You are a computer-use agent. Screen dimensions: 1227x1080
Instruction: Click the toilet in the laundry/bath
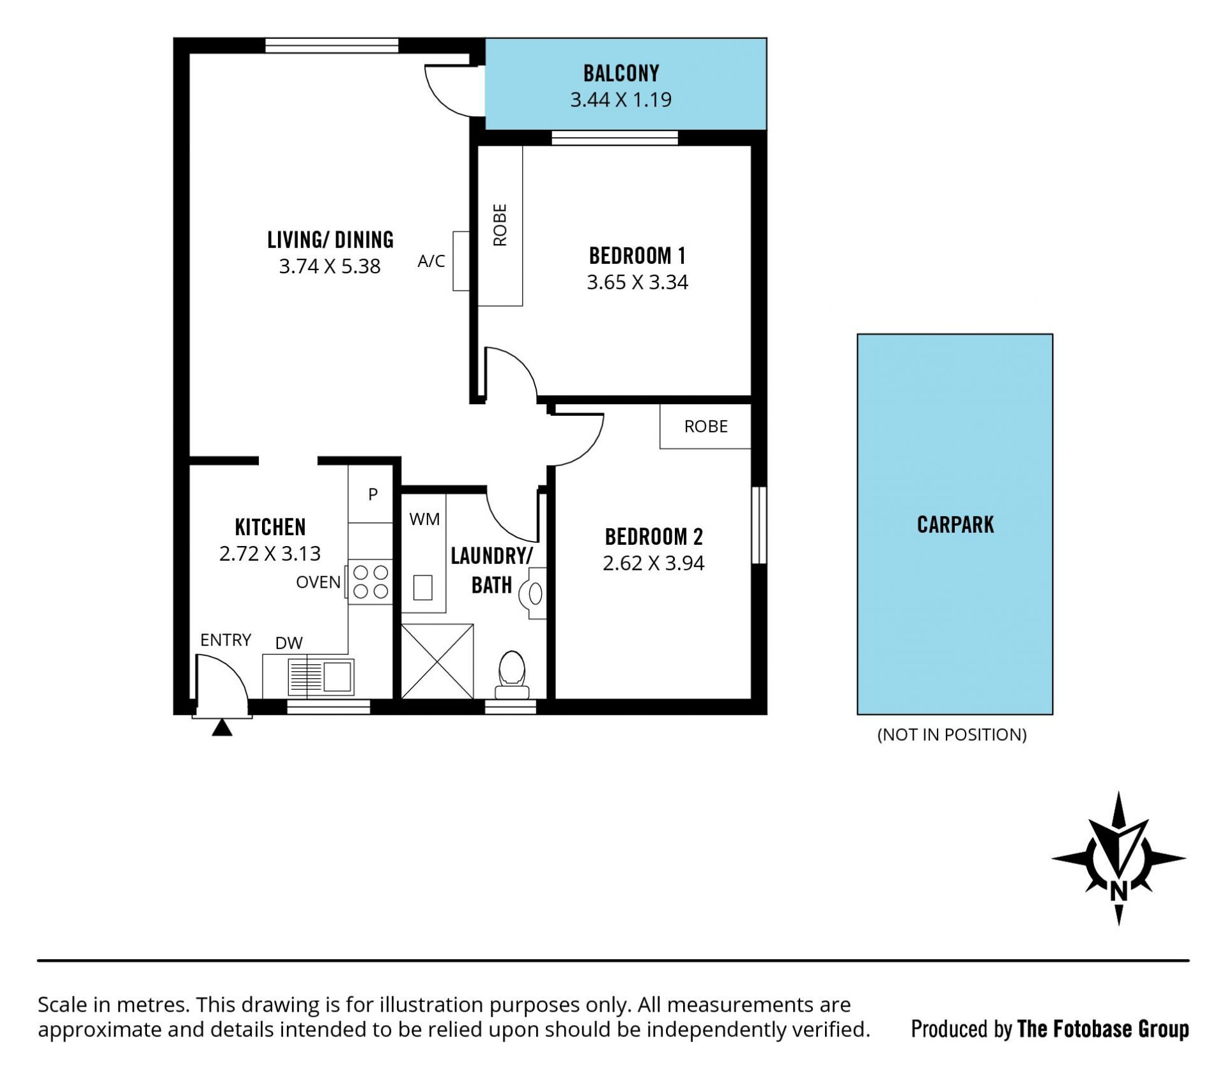coord(512,675)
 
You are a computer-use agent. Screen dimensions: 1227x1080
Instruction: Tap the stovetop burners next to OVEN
coord(370,581)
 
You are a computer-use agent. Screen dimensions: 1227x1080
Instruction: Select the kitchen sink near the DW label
coord(321,677)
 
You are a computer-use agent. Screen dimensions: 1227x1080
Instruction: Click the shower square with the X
coord(437,661)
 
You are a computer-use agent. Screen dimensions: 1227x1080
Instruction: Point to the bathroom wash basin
coord(534,593)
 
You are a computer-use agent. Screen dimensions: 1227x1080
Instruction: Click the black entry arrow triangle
coord(222,727)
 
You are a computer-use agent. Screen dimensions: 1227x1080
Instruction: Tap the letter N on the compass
coord(1118,890)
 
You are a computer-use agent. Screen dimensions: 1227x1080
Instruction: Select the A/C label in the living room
coord(431,261)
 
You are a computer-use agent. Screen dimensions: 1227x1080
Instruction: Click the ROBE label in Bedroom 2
coord(706,426)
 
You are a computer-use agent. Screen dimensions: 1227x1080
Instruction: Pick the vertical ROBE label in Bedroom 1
coord(500,225)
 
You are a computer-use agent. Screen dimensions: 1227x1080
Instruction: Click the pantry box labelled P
coord(371,494)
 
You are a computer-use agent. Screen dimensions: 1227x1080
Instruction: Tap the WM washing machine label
coord(424,519)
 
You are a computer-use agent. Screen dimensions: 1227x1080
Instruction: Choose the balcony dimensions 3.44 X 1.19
coord(621,100)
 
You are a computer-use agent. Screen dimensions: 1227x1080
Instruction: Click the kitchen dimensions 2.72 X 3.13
coord(270,553)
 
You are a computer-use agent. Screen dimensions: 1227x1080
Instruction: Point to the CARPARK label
coord(955,524)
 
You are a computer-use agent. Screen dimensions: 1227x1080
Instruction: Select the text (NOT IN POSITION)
coord(952,734)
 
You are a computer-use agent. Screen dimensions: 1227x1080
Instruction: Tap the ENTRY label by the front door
coord(226,640)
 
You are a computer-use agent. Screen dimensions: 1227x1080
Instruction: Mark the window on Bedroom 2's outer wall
coord(759,525)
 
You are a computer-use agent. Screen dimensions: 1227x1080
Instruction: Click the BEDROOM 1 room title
coord(637,255)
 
